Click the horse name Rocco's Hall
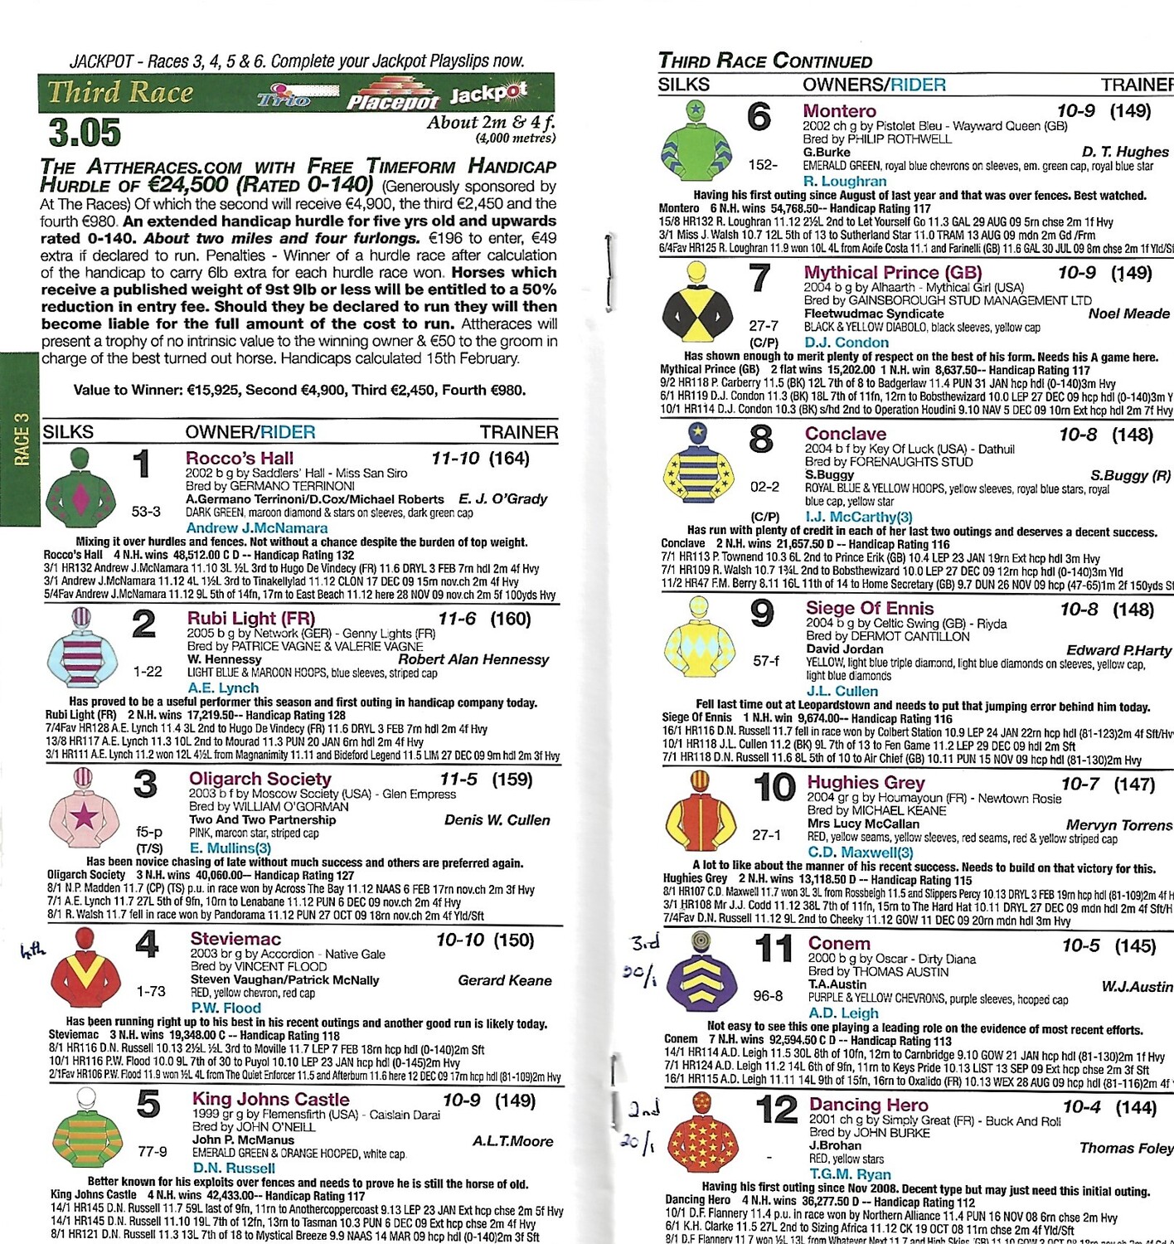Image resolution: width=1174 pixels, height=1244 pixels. (x=239, y=458)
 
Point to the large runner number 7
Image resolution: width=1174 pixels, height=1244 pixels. (x=759, y=279)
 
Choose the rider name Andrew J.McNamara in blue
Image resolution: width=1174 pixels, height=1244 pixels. (x=256, y=527)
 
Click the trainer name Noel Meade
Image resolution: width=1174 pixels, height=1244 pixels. (x=1128, y=313)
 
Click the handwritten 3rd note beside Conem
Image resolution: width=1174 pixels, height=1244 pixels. (x=645, y=943)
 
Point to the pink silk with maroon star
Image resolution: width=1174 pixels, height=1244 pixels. (x=83, y=809)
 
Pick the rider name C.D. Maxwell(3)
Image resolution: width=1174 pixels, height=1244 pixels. (x=860, y=852)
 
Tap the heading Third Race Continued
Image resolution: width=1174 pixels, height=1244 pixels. (x=764, y=61)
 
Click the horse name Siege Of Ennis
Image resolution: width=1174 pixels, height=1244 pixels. (x=869, y=608)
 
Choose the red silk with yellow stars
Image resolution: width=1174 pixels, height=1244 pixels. (x=701, y=1132)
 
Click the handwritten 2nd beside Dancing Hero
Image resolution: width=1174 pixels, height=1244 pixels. (x=643, y=1109)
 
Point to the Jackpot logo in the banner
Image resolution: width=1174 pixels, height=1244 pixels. (x=488, y=93)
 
